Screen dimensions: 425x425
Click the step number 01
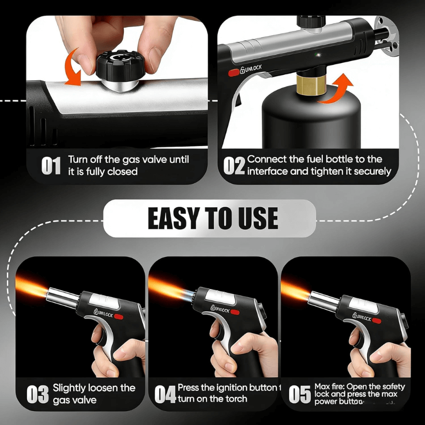(51, 166)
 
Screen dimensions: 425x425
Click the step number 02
(233, 166)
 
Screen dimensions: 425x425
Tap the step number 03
(37, 395)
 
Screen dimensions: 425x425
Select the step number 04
(165, 395)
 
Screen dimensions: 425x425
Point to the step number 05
(300, 395)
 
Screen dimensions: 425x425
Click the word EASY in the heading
(174, 218)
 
